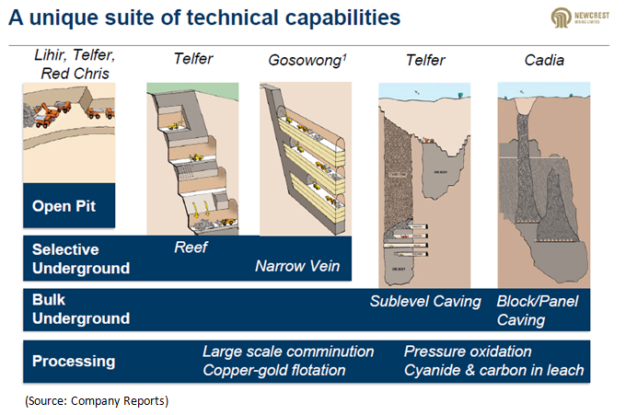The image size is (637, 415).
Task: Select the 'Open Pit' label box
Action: click(x=69, y=206)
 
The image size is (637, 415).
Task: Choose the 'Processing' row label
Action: click(x=74, y=361)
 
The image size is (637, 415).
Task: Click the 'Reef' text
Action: click(x=191, y=247)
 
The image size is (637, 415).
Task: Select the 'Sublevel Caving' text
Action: click(x=425, y=301)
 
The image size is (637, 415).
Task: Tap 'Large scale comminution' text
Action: click(x=288, y=352)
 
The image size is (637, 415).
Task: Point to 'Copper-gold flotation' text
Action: click(x=274, y=370)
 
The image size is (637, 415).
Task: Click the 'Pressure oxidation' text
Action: click(x=468, y=352)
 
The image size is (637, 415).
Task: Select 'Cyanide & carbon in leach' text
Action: click(x=493, y=370)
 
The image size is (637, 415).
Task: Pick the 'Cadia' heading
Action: click(x=539, y=60)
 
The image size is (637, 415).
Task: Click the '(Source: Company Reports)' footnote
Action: click(x=98, y=401)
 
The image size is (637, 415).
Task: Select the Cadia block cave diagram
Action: click(x=540, y=184)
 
